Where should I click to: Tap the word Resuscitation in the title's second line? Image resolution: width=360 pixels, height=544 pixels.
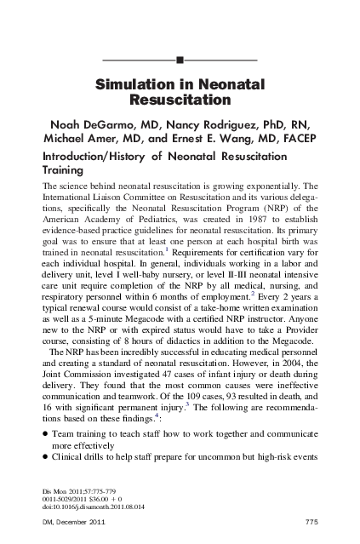(x=180, y=101)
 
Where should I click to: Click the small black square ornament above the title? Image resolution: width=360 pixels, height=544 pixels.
(x=180, y=60)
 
